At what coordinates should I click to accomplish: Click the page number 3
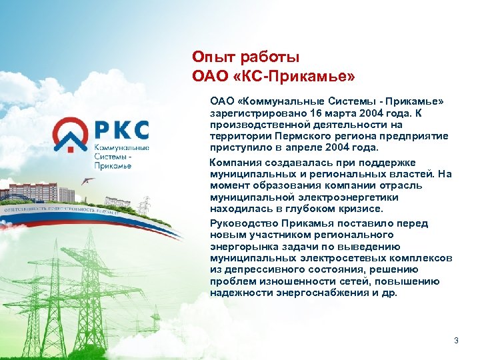coord(456,341)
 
